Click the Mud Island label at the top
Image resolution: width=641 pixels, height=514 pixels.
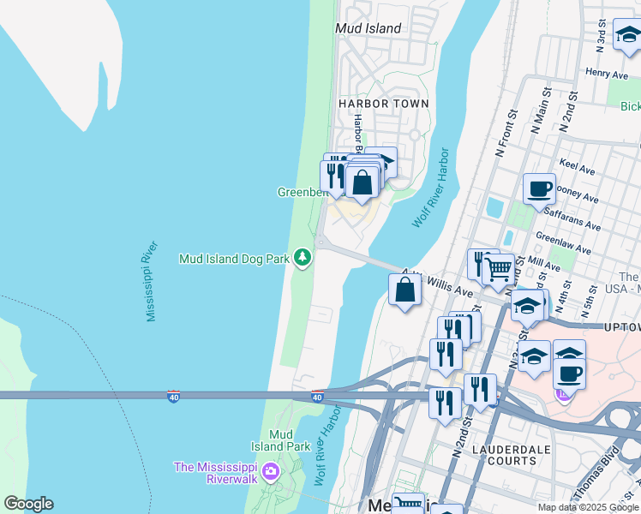point(368,28)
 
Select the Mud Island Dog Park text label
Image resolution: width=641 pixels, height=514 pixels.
point(233,258)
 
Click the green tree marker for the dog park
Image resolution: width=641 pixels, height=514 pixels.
point(302,257)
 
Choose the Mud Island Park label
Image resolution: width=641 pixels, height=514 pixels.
point(280,440)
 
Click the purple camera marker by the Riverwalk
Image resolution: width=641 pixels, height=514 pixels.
point(271,470)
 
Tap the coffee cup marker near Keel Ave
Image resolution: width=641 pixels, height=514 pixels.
point(539,188)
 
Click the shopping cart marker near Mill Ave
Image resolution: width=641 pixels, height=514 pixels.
point(498,270)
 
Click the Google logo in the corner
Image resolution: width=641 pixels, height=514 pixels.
point(28,504)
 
